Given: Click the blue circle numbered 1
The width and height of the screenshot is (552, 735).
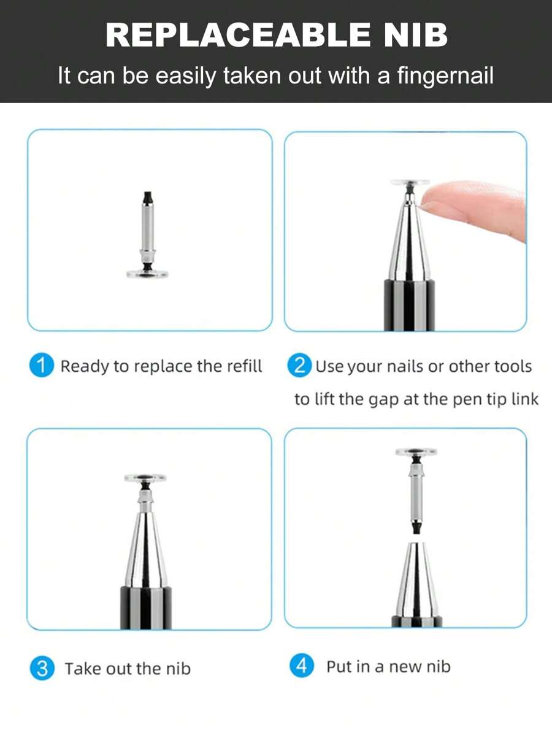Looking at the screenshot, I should [42, 366].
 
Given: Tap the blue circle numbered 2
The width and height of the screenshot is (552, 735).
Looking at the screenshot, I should [299, 366].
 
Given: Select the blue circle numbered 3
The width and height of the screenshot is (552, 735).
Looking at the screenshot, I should [42, 668].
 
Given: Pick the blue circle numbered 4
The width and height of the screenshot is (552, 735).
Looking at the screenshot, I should [301, 666].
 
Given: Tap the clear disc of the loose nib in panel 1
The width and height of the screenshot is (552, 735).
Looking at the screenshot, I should [147, 274].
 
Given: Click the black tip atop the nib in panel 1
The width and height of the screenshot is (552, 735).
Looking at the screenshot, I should [147, 198].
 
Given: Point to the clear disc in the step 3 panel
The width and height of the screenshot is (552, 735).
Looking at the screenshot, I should [145, 477].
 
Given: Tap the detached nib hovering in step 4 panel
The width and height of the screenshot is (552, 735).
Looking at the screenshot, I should [416, 491].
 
